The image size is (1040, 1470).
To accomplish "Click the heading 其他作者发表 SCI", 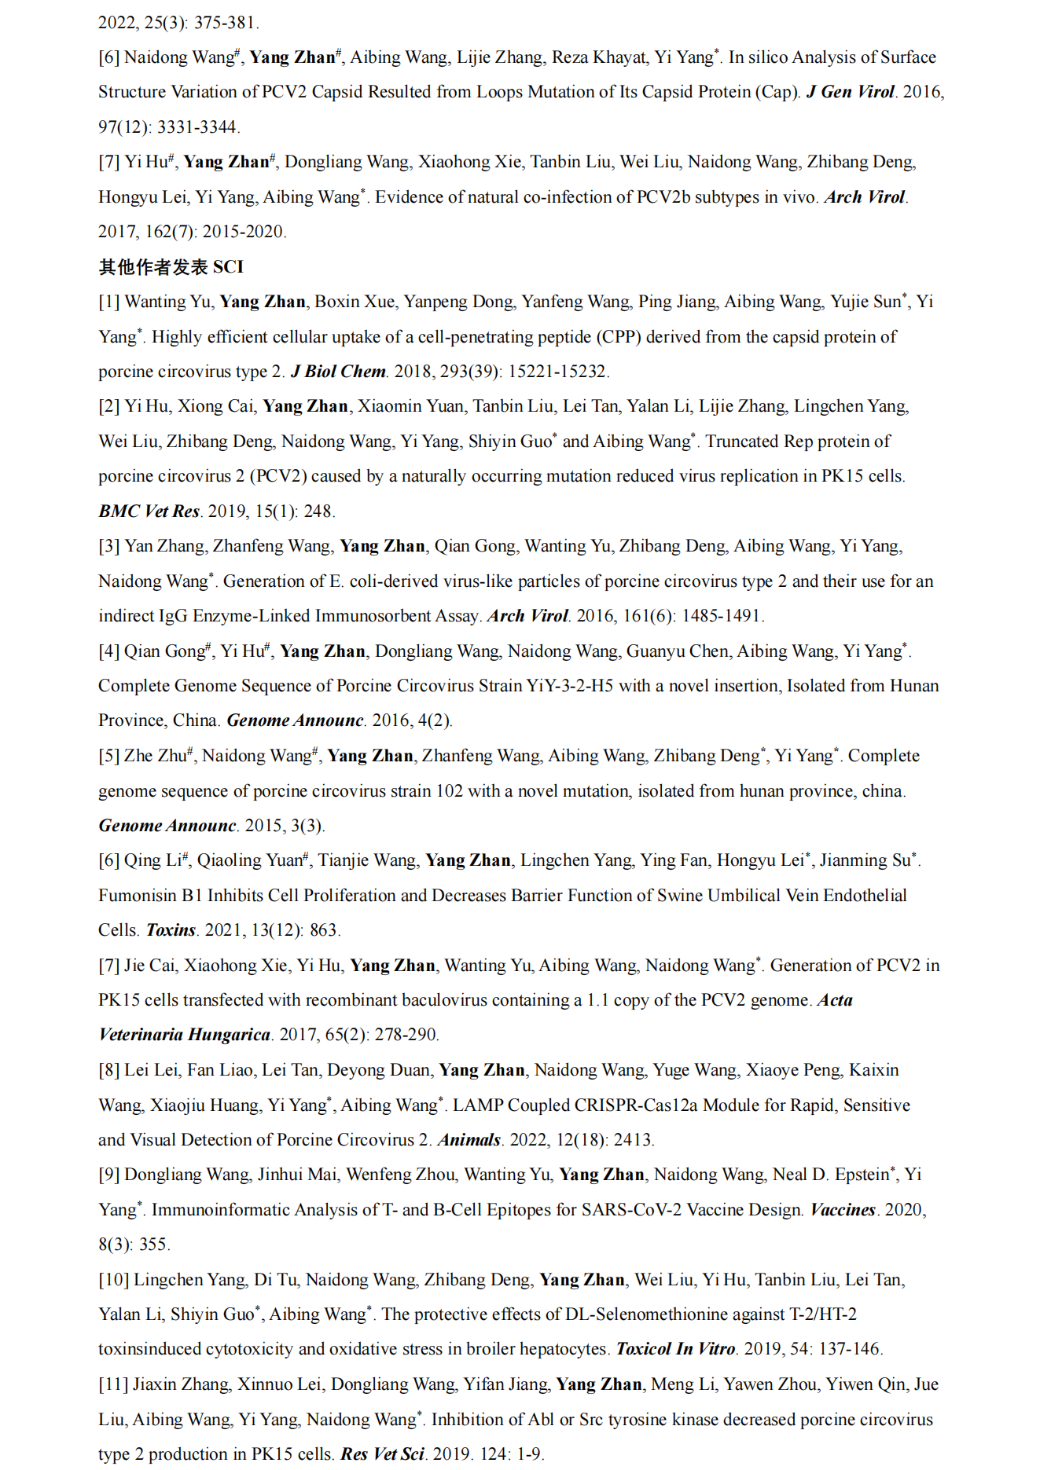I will click(x=171, y=267).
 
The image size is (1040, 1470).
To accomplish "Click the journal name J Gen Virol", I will click(x=850, y=92).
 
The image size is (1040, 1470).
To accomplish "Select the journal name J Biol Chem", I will click(x=338, y=372).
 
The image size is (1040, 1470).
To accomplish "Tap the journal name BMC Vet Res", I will click(x=149, y=511).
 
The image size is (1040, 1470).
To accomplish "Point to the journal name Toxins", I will click(x=171, y=930).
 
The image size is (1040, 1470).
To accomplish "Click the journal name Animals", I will click(x=469, y=1140).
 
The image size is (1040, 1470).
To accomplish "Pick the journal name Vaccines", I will click(x=843, y=1210).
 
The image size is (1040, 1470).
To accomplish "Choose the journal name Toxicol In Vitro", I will click(x=675, y=1349).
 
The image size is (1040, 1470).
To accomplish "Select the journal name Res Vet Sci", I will click(x=382, y=1454).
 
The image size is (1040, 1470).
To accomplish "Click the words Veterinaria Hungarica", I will click(x=184, y=1035).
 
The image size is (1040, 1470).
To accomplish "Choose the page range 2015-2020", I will click(x=244, y=232).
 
